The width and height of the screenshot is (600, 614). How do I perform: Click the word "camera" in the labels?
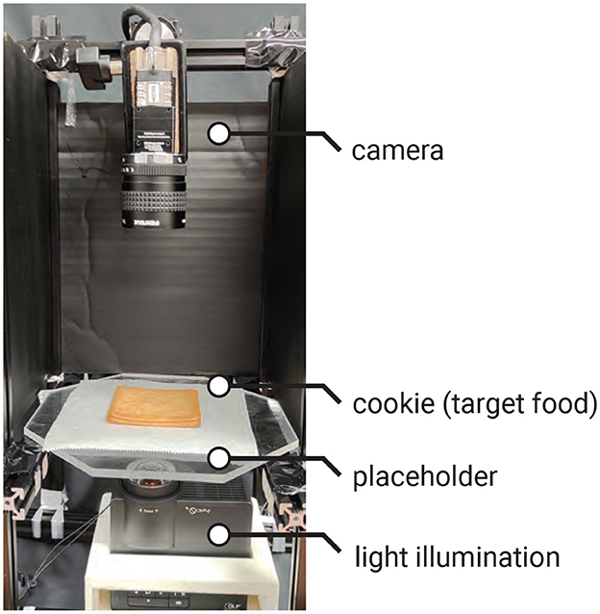point(397,151)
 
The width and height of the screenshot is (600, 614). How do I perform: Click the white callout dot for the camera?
point(220,133)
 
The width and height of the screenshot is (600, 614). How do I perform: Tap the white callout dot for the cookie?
point(220,386)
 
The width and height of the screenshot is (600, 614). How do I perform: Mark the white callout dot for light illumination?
point(220,536)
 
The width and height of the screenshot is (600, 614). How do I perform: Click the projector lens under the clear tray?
point(152,473)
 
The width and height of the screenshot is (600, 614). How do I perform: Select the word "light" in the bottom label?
point(370,555)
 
